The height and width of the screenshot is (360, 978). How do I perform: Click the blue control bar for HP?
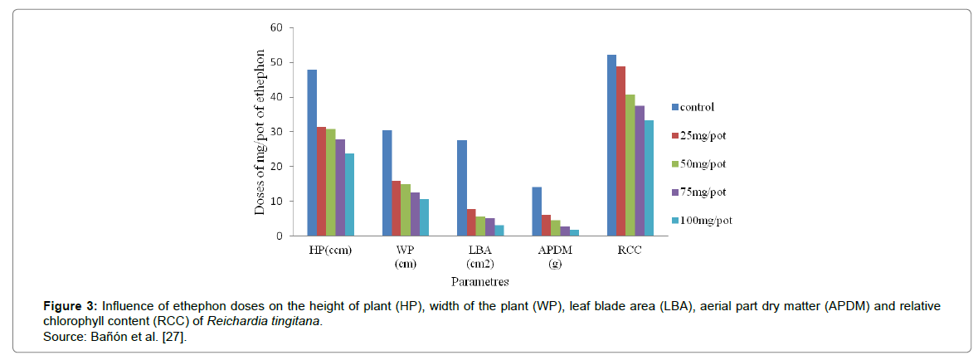coord(312,153)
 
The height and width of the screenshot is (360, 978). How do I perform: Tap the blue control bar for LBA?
coord(462,188)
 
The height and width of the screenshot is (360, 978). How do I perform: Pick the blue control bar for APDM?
coord(537,212)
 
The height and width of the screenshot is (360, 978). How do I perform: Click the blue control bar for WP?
coord(387,183)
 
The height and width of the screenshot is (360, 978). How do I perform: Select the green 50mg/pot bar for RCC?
coord(630,165)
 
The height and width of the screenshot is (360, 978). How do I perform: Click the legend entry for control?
coord(698,107)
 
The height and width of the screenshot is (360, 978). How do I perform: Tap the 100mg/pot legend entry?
coord(706,221)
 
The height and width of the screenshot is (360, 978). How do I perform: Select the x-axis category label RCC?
coord(630,251)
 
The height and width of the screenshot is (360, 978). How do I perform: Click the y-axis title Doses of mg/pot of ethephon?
coord(260,133)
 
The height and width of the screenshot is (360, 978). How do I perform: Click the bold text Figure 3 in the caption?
coord(71,306)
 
